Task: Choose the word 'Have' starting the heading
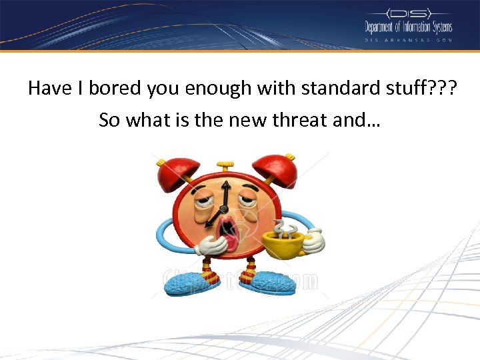tap(49, 88)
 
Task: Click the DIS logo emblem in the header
tap(409, 13)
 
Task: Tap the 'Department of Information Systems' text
tap(408, 27)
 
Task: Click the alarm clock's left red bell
tap(177, 174)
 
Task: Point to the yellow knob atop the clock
tap(227, 164)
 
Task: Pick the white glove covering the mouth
tap(211, 247)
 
